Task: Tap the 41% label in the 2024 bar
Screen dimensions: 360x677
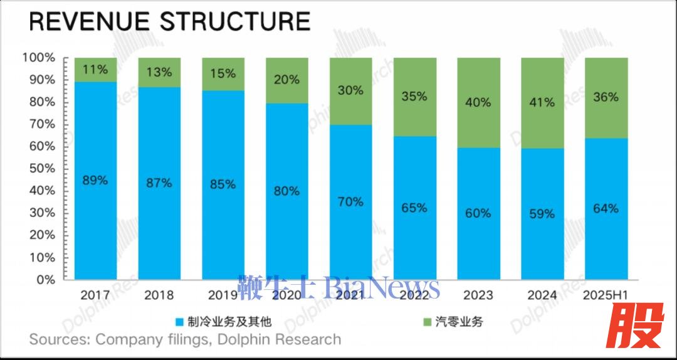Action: tap(542, 102)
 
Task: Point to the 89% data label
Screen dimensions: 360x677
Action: tap(95, 181)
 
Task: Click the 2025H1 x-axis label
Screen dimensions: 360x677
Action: tap(606, 295)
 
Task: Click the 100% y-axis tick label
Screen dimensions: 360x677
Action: tap(39, 58)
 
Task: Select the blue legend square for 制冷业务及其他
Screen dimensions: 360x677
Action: tap(179, 322)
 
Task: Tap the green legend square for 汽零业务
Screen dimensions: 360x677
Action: tap(427, 322)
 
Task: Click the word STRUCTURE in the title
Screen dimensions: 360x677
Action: tap(235, 22)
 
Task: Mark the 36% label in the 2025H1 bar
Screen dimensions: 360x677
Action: tap(606, 97)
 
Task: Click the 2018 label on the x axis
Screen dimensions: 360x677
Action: tap(159, 295)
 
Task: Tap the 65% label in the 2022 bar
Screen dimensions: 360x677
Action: tap(415, 208)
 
